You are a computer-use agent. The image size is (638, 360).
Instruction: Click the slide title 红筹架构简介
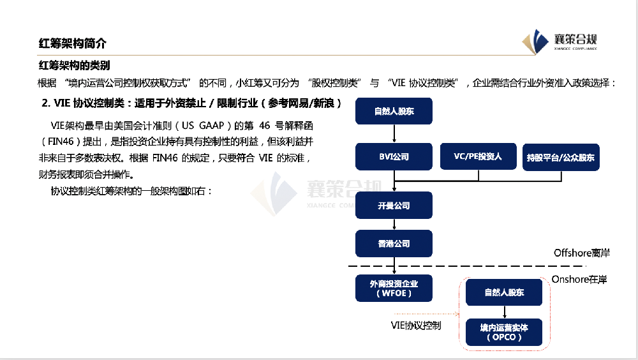click(72, 43)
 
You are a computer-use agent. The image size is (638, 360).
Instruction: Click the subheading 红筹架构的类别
click(74, 65)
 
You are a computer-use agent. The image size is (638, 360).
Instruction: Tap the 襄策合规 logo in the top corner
click(561, 41)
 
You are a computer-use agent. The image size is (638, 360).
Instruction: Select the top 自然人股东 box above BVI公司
click(394, 112)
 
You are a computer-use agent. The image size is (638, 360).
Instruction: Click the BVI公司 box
click(394, 156)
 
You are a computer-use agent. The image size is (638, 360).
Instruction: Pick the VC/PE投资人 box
click(478, 156)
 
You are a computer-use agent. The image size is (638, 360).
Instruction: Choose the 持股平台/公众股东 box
click(561, 157)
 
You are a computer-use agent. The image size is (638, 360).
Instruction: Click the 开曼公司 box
click(394, 206)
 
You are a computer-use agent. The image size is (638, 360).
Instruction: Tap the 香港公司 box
click(394, 244)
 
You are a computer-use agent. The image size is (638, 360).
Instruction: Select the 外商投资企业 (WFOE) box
click(394, 288)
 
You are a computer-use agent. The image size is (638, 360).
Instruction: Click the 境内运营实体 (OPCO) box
click(504, 331)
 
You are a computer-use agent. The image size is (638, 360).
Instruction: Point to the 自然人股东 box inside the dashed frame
click(504, 292)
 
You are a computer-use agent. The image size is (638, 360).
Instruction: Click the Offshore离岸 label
click(581, 253)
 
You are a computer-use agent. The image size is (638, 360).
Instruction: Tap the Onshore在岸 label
click(579, 279)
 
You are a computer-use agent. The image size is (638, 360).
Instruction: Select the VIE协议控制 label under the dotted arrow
click(415, 325)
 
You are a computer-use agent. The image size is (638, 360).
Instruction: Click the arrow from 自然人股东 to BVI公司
click(394, 133)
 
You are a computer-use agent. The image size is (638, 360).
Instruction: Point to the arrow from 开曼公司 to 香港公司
click(394, 225)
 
